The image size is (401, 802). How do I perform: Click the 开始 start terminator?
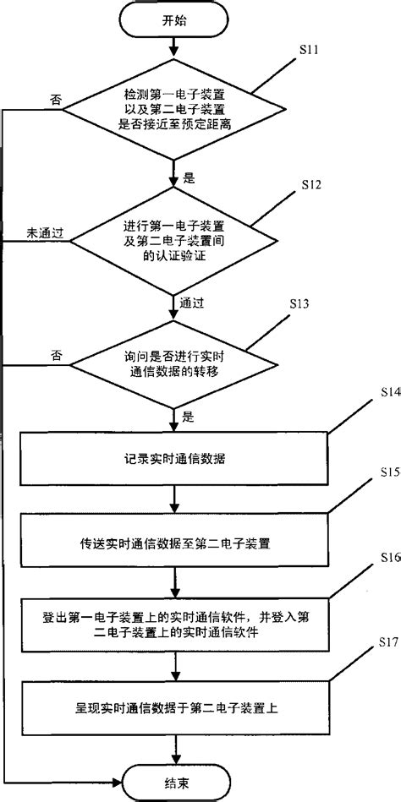click(175, 23)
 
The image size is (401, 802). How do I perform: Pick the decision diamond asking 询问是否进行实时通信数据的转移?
click(175, 364)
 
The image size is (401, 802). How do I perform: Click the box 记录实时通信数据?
click(175, 456)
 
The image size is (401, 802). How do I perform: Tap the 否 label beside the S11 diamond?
click(56, 99)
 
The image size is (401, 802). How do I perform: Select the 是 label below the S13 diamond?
click(188, 417)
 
